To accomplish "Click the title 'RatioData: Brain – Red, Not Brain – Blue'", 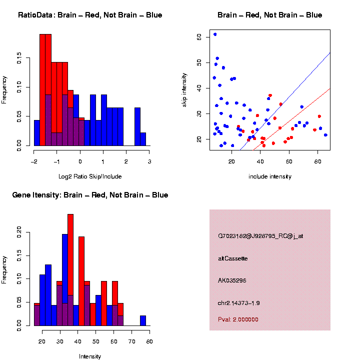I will coord(90,15).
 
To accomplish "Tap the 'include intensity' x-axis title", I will coord(269,176).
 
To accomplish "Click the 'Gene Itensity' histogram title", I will coord(90,195).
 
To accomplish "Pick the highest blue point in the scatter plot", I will coord(215,34).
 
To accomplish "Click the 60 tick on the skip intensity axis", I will coord(199,37).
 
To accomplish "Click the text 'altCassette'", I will coord(232,258).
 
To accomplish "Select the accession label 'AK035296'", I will coord(232,280).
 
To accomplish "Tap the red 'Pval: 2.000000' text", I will coord(238,319).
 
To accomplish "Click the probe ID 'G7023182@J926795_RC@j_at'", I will coord(260,236).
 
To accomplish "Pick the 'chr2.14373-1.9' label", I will coord(238,303).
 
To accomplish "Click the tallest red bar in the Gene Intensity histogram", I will coord(70,270).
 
